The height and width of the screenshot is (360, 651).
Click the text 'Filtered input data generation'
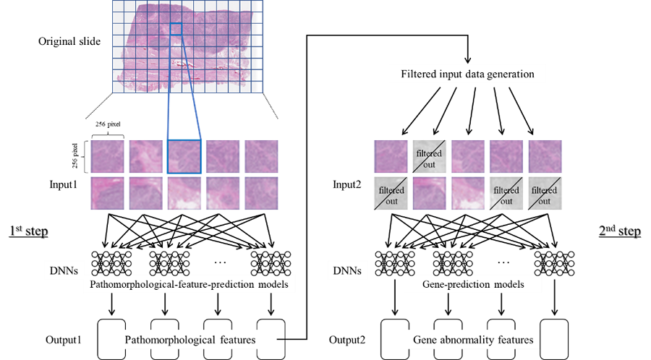(x=467, y=74)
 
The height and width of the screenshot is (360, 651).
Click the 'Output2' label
(x=345, y=338)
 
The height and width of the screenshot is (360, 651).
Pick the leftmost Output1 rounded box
(x=111, y=338)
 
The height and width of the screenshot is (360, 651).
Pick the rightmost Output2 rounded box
(x=554, y=338)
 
